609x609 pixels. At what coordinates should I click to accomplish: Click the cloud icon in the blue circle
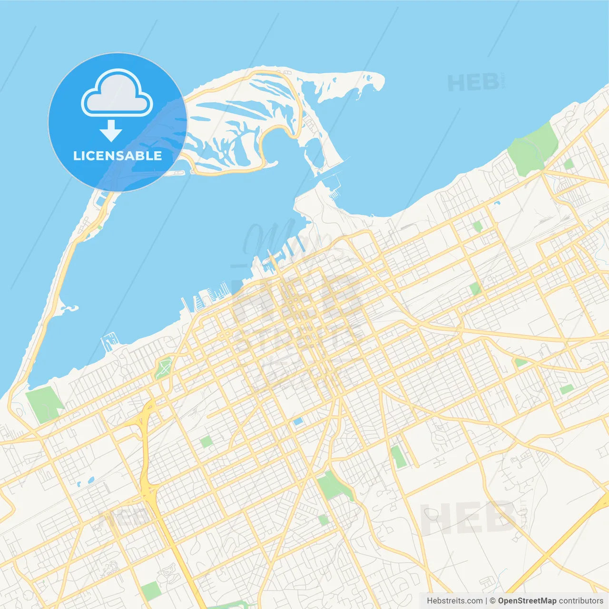pyautogui.click(x=117, y=93)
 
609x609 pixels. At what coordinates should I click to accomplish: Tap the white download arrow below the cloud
pyautogui.click(x=111, y=131)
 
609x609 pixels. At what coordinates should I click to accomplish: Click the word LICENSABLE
pyautogui.click(x=118, y=156)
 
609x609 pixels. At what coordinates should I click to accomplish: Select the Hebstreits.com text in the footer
pyautogui.click(x=454, y=601)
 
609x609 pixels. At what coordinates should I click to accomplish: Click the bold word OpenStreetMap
pyautogui.click(x=527, y=601)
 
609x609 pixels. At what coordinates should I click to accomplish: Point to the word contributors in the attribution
pyautogui.click(x=581, y=601)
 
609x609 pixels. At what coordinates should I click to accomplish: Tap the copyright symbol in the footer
pyautogui.click(x=493, y=601)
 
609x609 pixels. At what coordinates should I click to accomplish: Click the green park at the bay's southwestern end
pyautogui.click(x=44, y=404)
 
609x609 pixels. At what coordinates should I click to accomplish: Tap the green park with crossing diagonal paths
pyautogui.click(x=164, y=368)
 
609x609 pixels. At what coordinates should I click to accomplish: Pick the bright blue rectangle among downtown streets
pyautogui.click(x=298, y=421)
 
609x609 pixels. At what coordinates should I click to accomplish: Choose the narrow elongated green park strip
pyautogui.click(x=397, y=457)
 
